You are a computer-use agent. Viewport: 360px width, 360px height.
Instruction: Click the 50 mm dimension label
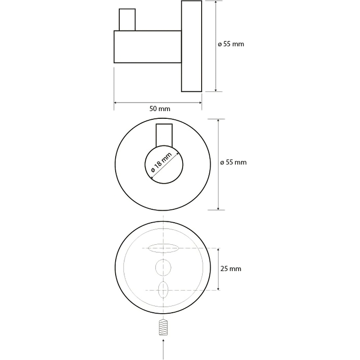(160, 108)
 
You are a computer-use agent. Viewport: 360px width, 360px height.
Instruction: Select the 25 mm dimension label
(231, 269)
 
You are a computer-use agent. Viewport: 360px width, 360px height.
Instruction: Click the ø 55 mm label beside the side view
(231, 44)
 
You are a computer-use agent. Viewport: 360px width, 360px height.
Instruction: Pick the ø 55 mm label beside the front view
(233, 162)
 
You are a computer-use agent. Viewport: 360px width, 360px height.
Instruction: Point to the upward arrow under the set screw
(163, 349)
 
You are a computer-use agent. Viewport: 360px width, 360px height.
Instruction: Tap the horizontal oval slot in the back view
(163, 248)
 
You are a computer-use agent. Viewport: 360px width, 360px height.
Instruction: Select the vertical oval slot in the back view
(163, 290)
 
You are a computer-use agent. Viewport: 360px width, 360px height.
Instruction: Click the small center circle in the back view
(163, 267)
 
